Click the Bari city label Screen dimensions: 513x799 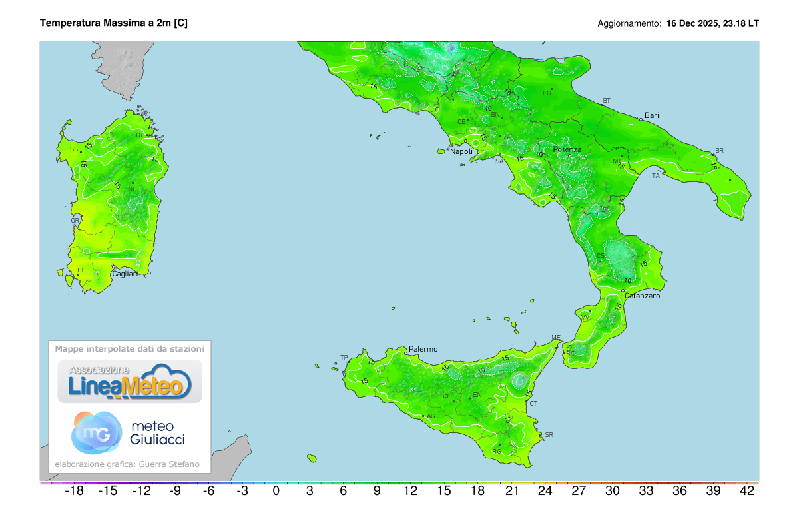[651, 115]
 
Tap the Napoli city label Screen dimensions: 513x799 [461, 151]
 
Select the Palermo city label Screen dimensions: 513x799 [423, 348]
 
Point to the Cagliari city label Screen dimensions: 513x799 [125, 274]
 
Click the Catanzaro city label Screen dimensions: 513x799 [643, 296]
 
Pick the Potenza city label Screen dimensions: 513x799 [567, 149]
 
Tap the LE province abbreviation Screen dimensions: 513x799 [730, 187]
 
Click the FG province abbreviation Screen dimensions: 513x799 [547, 93]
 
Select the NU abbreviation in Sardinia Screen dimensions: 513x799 [133, 189]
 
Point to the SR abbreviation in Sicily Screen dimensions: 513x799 [549, 435]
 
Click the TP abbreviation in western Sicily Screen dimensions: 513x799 [344, 358]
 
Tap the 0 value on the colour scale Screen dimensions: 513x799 [276, 492]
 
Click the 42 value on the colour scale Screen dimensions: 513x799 [747, 492]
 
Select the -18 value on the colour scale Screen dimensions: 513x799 [73, 492]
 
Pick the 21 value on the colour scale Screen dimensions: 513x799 [511, 492]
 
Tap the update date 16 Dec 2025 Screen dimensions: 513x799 [692, 23]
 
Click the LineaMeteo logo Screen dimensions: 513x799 [130, 382]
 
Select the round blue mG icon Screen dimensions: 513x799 [97, 432]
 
